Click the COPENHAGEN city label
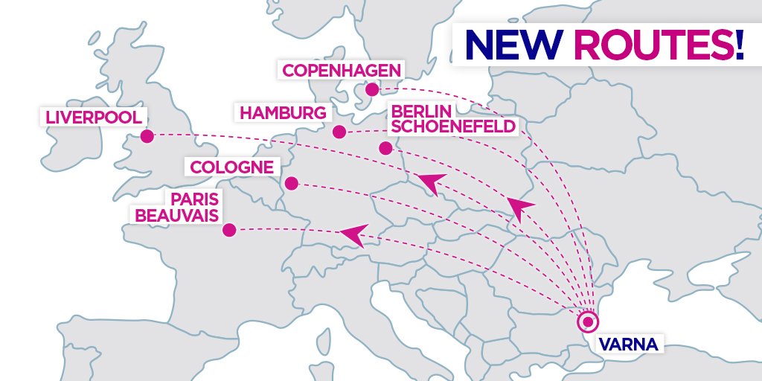(341, 71)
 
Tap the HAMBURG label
(283, 113)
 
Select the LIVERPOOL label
(94, 118)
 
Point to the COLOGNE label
(232, 167)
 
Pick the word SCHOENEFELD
(453, 126)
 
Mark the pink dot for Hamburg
(339, 132)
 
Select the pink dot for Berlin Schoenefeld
(385, 148)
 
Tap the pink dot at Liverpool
(147, 135)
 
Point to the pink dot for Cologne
(292, 183)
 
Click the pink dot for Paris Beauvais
(229, 230)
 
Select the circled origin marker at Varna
(588, 322)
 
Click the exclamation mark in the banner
(738, 45)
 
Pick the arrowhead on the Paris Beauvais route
(353, 234)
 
